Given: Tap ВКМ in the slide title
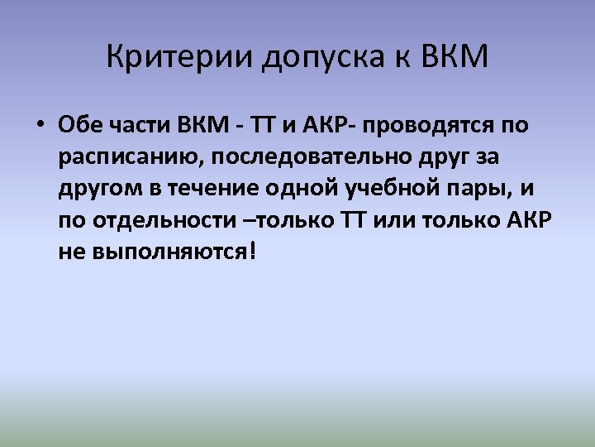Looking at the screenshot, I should (x=454, y=58).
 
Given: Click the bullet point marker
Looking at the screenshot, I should (x=39, y=126).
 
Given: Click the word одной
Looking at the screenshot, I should (x=288, y=188).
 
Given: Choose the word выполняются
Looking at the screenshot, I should (x=164, y=252).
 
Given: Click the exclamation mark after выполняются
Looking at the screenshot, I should (x=252, y=250).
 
